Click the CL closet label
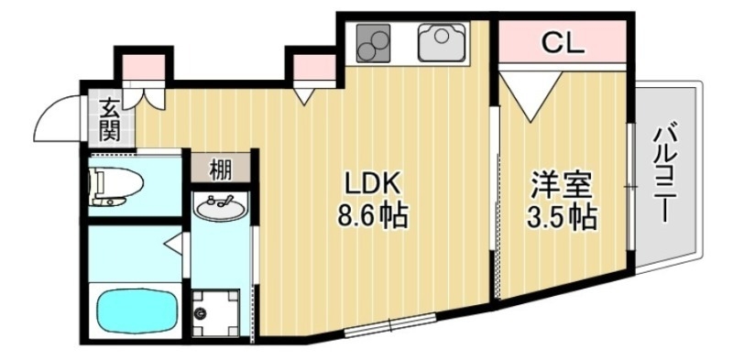(562, 42)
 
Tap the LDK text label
(373, 182)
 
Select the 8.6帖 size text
(373, 217)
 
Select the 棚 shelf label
(220, 169)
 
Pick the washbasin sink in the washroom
(220, 209)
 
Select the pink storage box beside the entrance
(144, 67)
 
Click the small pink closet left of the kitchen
(313, 67)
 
